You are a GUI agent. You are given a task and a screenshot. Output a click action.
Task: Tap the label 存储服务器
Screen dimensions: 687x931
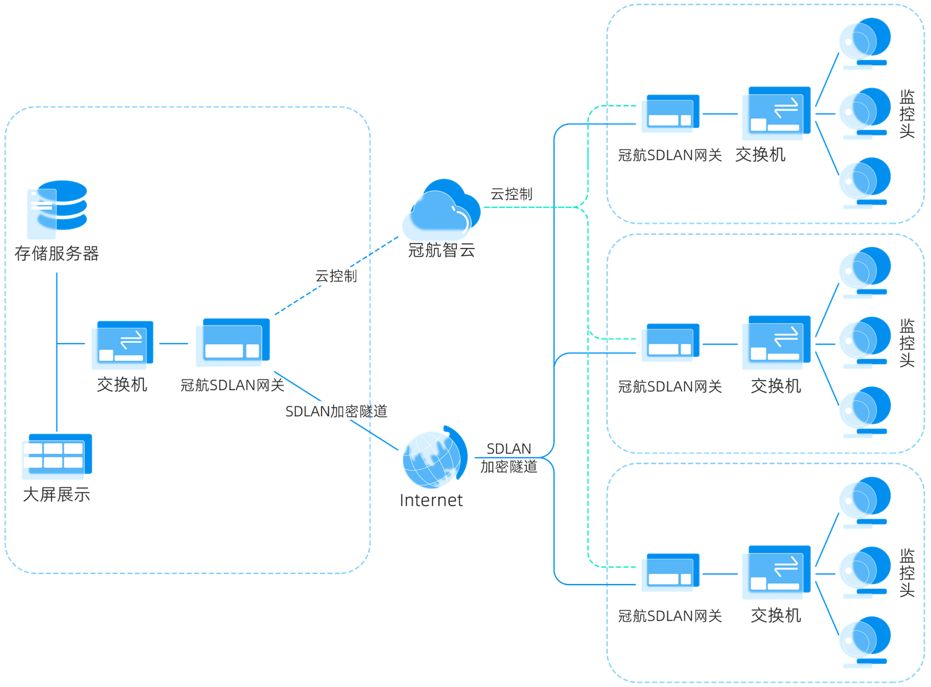click(x=56, y=253)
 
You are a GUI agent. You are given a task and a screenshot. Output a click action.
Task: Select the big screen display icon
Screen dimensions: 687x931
click(x=56, y=457)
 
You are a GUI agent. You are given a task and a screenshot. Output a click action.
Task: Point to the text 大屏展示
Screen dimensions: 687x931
click(x=56, y=494)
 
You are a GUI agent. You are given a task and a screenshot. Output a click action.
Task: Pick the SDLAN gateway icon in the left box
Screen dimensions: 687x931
click(x=232, y=342)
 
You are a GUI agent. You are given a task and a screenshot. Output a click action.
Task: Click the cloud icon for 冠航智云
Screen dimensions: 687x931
click(x=441, y=211)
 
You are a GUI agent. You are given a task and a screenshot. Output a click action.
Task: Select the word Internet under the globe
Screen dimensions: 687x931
click(x=431, y=501)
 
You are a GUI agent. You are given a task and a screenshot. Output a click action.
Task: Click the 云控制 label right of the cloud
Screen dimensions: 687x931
click(x=511, y=194)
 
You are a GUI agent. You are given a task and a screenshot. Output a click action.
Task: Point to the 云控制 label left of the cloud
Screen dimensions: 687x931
click(x=336, y=276)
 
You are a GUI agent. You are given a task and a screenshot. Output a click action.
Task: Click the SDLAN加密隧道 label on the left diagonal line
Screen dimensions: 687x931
click(x=336, y=411)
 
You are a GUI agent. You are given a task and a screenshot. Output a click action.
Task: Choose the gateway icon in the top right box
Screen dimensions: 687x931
click(x=670, y=114)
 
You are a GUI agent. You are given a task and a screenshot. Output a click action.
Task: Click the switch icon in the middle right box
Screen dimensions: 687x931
click(x=776, y=343)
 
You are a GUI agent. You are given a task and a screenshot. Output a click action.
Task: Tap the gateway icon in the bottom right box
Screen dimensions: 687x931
click(x=670, y=572)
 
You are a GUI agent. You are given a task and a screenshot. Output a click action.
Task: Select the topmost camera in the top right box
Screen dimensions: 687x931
click(x=864, y=43)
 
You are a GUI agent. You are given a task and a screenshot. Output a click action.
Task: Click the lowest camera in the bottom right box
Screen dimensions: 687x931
click(x=864, y=642)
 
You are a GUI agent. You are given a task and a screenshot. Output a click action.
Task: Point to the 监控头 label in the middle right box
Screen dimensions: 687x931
click(x=907, y=342)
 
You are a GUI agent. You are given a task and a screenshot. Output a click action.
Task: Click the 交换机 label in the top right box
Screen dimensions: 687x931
click(x=760, y=155)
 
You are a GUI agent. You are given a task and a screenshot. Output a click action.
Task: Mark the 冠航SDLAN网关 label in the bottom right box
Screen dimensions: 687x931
click(x=670, y=616)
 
